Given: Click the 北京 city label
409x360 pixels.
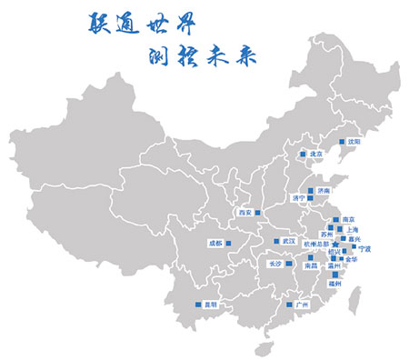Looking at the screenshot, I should pos(317,155).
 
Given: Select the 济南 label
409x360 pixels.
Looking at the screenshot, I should pos(324,190).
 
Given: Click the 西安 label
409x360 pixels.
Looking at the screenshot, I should pos(244,213).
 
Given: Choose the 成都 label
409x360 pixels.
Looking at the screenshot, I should pos(214,244).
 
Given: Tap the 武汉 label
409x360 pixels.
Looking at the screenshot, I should pos(289,241).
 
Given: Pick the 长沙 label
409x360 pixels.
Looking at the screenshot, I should pos(275,264).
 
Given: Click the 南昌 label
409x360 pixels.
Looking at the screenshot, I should pos(312,266).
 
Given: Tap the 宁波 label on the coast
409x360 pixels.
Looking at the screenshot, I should pos(364,247).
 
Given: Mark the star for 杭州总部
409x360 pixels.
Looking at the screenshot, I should pos(334,245).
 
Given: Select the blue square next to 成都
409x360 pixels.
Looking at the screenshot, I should pos(230,244).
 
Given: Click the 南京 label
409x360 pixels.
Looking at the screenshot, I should pos(349,220).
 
